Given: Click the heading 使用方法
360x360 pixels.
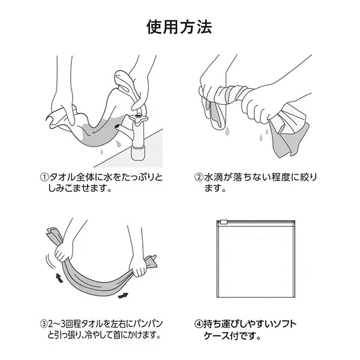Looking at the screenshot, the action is click(179, 28).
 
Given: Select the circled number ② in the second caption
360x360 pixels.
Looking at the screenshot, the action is click(199, 178).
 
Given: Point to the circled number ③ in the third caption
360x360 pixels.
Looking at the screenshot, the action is click(44, 324).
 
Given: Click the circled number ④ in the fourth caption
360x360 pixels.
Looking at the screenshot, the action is click(199, 324).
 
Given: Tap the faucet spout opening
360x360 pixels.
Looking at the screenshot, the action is click(117, 127).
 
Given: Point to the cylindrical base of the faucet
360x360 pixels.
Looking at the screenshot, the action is click(139, 154).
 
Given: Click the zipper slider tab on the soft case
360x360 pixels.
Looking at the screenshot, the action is click(224, 222).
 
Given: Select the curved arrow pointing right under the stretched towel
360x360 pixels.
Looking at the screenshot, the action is click(123, 295).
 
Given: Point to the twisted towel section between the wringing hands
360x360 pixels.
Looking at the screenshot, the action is click(232, 93).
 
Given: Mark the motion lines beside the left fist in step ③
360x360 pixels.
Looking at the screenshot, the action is click(51, 261).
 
